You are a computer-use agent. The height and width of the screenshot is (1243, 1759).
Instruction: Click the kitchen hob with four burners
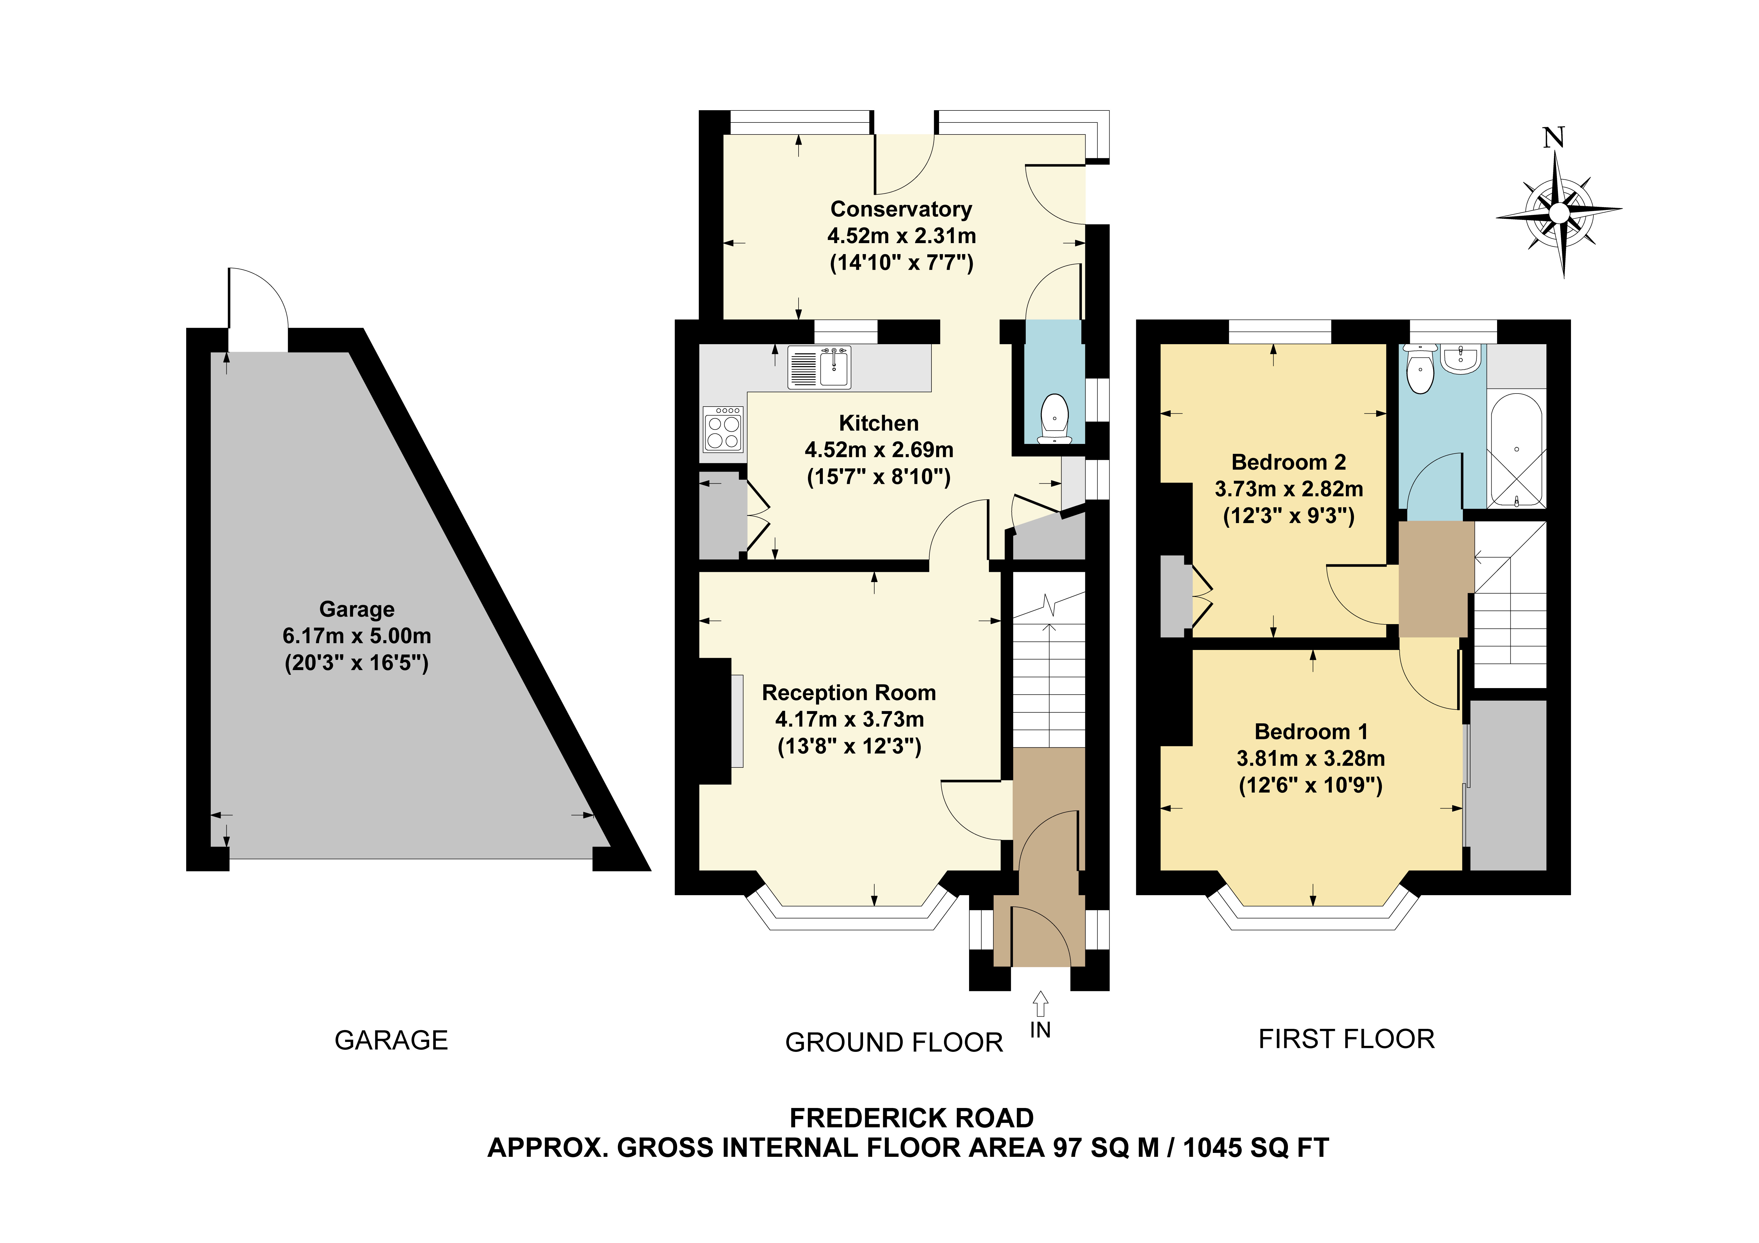click(x=723, y=429)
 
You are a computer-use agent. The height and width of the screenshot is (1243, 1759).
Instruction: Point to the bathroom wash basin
click(x=1461, y=359)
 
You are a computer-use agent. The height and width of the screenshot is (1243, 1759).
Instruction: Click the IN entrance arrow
click(x=1040, y=1003)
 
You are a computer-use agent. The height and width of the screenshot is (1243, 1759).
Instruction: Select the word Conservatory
click(x=901, y=209)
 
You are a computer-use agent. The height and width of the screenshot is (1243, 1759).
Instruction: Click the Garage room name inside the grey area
click(x=357, y=609)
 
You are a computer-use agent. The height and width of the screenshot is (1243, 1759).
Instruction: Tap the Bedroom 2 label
click(x=1289, y=462)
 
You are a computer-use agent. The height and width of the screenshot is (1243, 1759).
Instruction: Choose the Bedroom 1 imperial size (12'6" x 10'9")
click(x=1311, y=785)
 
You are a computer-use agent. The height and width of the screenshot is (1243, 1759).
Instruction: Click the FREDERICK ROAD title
click(x=912, y=1118)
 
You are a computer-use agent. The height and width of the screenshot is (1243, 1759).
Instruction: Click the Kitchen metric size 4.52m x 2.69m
click(x=879, y=450)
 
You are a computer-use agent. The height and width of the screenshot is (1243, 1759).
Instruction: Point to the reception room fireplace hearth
click(x=737, y=720)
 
